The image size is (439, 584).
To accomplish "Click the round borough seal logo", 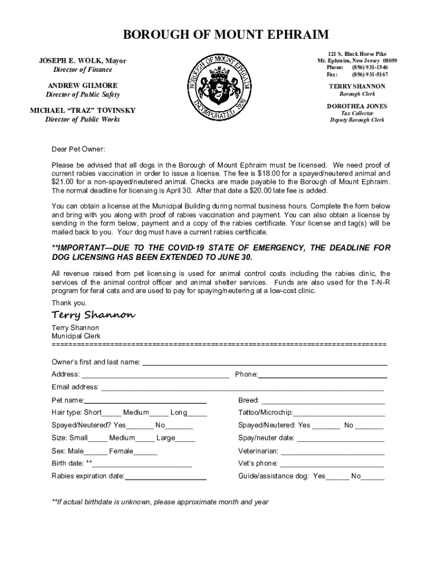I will [x=220, y=87].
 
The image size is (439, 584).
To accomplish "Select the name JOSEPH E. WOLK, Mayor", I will [x=83, y=60].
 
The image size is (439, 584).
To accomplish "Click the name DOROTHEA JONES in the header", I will [x=357, y=106].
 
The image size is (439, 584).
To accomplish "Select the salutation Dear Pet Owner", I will [x=78, y=149].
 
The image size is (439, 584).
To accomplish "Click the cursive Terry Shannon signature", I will [x=94, y=315].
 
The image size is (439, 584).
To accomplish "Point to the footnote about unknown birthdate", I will [x=160, y=502].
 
